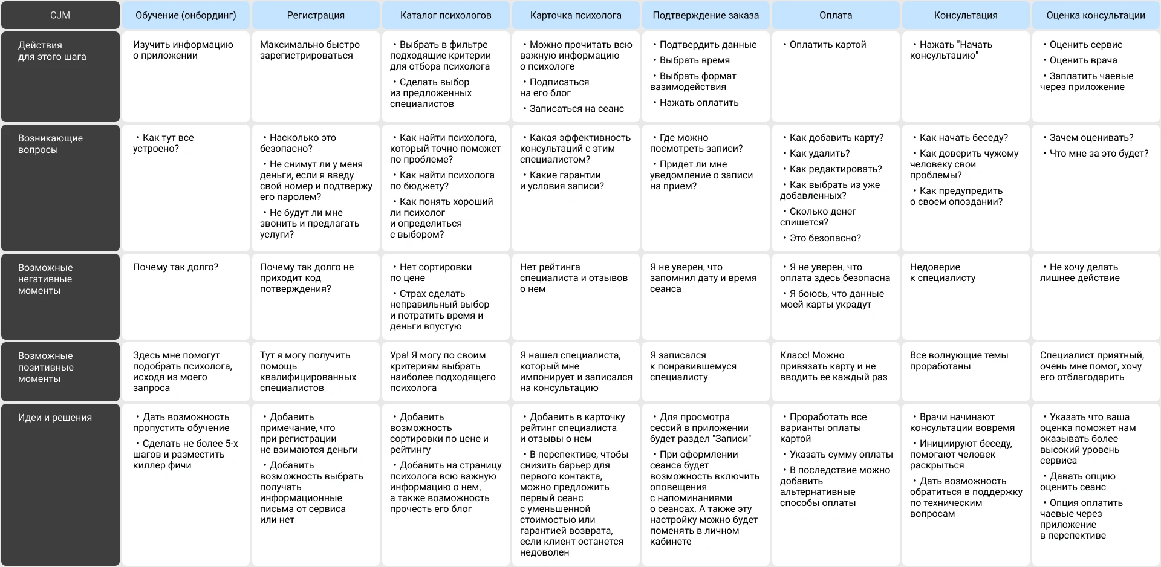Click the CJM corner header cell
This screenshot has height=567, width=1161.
[x=60, y=15]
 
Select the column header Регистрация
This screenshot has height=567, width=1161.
[x=316, y=15]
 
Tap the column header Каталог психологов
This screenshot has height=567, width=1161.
[x=446, y=15]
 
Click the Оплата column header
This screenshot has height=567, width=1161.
[x=836, y=15]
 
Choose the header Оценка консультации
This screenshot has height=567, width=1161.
[x=1096, y=15]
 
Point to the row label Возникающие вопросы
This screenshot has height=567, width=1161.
[x=50, y=144]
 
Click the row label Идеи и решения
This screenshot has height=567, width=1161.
[x=55, y=418]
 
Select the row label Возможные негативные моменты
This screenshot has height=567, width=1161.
[x=45, y=279]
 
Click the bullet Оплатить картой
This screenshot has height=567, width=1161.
[x=827, y=45]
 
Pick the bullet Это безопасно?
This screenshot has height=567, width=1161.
[x=825, y=238]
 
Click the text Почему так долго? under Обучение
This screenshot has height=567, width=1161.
[x=175, y=267]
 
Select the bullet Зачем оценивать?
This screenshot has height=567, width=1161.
[x=1091, y=138]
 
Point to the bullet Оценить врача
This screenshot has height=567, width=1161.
[x=1083, y=60]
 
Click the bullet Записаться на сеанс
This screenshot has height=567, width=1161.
[x=576, y=109]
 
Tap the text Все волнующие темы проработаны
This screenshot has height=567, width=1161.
[x=958, y=361]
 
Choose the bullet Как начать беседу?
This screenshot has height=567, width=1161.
[x=963, y=138]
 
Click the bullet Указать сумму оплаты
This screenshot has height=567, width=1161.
[x=841, y=455]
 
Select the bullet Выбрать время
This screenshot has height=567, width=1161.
[x=694, y=60]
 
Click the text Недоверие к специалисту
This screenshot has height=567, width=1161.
[x=943, y=273]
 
